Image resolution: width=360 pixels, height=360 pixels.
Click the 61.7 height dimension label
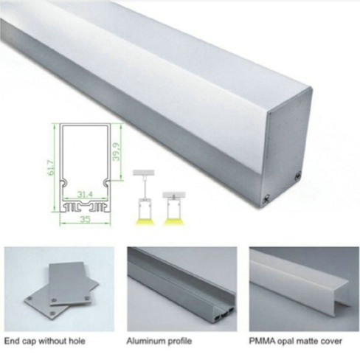point(51,167)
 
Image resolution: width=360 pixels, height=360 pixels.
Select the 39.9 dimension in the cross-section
point(116,151)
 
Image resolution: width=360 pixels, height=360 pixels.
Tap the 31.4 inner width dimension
point(85,195)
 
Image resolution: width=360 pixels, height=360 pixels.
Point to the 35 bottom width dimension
point(85,219)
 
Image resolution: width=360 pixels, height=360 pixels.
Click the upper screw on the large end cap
point(299,176)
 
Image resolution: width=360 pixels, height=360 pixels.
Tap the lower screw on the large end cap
point(266,198)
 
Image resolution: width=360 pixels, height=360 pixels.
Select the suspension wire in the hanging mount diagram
point(144,187)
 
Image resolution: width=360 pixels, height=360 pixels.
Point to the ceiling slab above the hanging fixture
point(144,173)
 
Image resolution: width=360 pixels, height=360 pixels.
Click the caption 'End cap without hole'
point(44,341)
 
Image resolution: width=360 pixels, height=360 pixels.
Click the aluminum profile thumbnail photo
point(182,289)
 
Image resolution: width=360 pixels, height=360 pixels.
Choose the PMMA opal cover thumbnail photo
point(304,289)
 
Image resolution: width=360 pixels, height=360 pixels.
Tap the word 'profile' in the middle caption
point(180,342)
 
